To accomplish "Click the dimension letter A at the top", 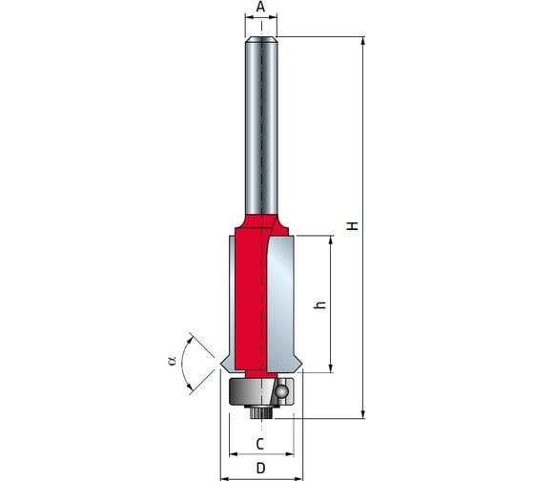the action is click(260, 6).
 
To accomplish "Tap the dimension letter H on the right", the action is click(353, 225).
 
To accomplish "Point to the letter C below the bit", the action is click(259, 444).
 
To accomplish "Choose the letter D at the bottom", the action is click(260, 468).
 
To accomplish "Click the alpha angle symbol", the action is click(173, 361).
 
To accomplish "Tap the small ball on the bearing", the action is click(281, 391).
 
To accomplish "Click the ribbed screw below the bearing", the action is click(261, 412).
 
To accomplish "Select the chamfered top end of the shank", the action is click(261, 39).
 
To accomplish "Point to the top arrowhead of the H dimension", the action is click(363, 41).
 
